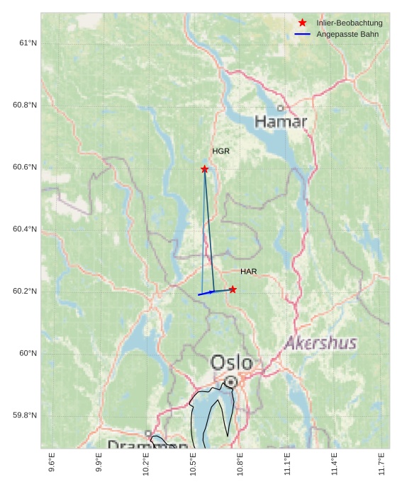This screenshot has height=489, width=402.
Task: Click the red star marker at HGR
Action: [204, 169]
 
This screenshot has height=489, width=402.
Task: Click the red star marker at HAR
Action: [233, 289]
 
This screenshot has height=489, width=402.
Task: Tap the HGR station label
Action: [220, 151]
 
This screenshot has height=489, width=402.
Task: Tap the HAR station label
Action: [248, 272]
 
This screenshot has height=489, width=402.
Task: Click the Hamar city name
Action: [281, 122]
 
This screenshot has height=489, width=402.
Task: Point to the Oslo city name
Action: [231, 362]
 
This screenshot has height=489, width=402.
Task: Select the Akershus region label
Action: [321, 343]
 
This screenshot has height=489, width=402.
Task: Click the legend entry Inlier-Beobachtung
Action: [349, 23]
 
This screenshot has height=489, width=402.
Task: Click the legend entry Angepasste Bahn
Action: [347, 34]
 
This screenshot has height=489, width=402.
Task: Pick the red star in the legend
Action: [303, 23]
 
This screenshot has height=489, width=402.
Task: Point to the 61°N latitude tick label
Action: [27, 44]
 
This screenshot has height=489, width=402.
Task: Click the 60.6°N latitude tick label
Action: [24, 168]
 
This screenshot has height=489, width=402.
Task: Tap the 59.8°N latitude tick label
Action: [24, 415]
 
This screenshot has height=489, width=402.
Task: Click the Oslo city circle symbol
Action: [230, 382]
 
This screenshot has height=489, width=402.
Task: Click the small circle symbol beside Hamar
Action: [281, 108]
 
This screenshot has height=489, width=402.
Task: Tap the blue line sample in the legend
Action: [303, 34]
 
